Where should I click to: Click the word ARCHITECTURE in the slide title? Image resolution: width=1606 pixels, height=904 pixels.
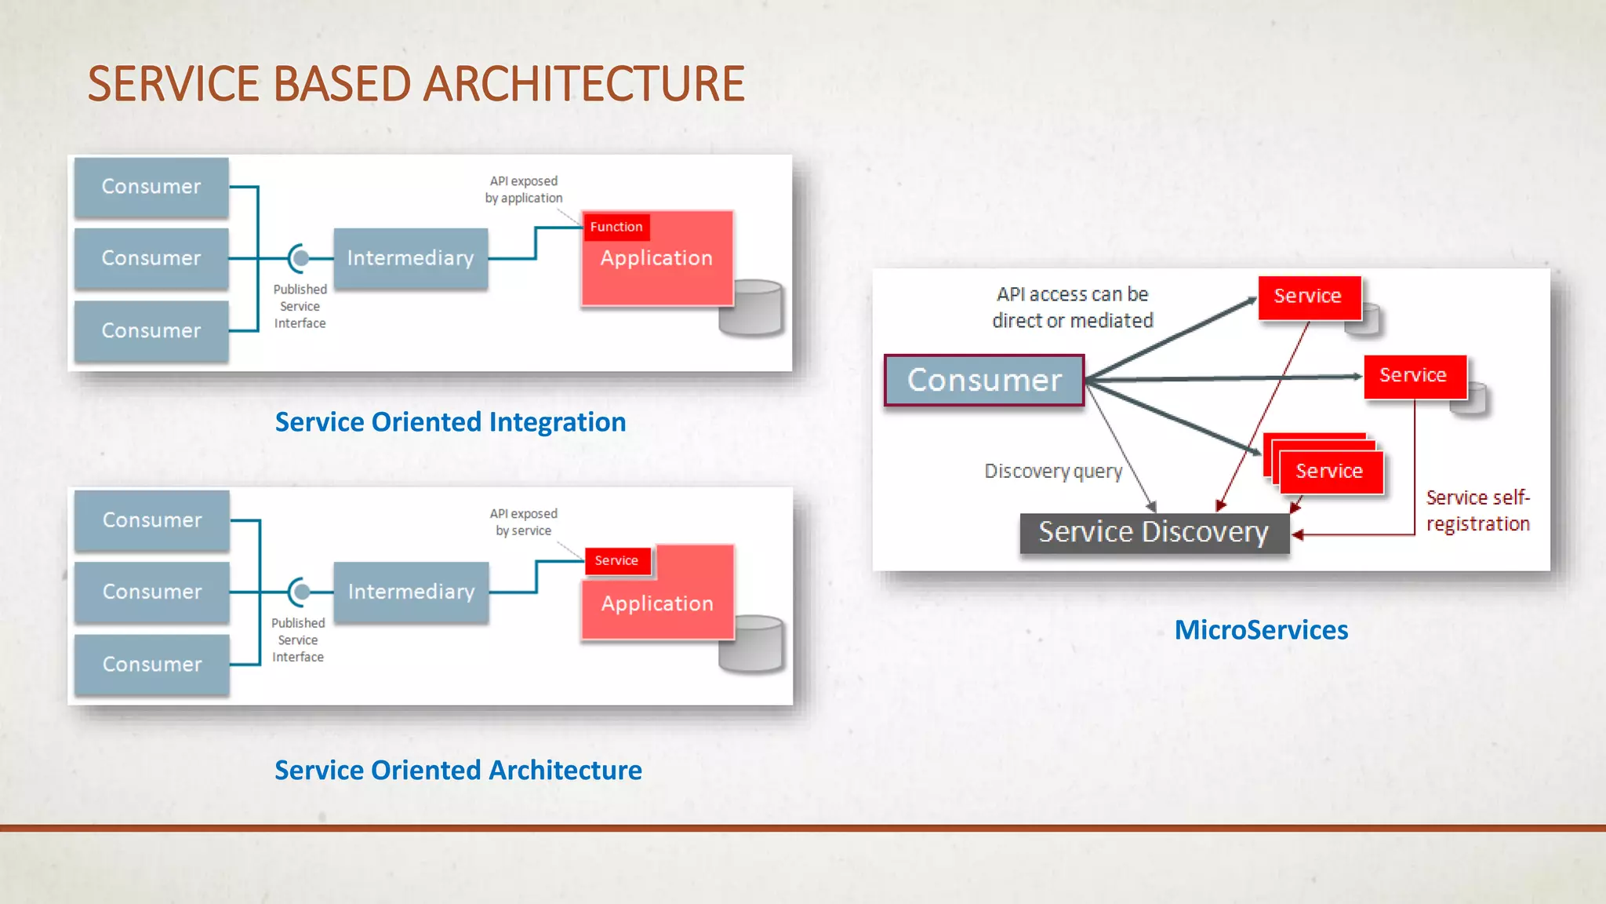click(x=583, y=84)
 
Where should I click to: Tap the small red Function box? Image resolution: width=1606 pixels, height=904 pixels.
click(x=616, y=227)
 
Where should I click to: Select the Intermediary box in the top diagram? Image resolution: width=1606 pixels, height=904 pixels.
click(x=410, y=258)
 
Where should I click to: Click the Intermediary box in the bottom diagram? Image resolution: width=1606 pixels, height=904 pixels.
click(x=411, y=592)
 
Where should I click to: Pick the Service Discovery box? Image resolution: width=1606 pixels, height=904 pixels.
click(x=1154, y=533)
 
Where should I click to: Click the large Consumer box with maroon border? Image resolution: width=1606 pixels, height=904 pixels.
click(x=984, y=381)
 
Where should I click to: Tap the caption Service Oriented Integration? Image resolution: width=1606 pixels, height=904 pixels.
click(x=450, y=422)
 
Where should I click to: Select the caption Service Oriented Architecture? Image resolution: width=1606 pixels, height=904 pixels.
click(x=458, y=771)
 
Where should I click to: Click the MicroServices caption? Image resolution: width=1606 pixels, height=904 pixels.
click(x=1261, y=630)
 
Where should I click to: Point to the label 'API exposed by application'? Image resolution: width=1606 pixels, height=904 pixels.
click(x=524, y=189)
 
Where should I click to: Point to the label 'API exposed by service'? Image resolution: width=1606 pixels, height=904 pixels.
click(x=524, y=522)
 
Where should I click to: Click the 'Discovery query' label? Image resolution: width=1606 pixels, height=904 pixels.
click(x=1053, y=471)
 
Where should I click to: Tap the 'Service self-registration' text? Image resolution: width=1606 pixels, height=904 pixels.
click(x=1477, y=510)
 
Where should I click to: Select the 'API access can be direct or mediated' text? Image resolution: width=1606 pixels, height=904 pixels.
click(x=1072, y=307)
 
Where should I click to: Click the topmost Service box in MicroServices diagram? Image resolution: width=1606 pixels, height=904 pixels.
click(x=1308, y=297)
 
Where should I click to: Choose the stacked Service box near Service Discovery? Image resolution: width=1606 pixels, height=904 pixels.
click(x=1329, y=471)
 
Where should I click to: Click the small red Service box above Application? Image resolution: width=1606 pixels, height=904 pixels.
click(x=616, y=560)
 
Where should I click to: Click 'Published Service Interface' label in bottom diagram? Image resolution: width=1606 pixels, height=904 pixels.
click(x=298, y=640)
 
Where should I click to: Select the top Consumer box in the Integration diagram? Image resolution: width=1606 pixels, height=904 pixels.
click(x=151, y=187)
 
